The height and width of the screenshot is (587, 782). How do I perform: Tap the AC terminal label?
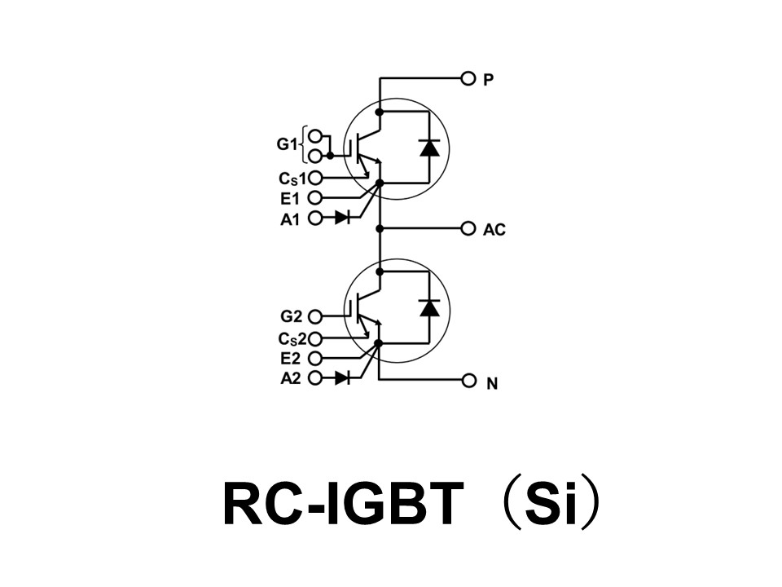click(494, 230)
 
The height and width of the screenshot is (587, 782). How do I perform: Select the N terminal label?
click(491, 382)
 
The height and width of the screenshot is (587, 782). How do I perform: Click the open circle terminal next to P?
click(468, 79)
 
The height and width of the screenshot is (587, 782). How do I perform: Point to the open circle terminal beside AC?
click(468, 229)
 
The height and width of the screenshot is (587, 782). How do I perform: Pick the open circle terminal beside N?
click(468, 381)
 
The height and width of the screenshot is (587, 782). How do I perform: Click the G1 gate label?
click(287, 145)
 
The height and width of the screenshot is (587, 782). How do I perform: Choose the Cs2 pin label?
click(292, 339)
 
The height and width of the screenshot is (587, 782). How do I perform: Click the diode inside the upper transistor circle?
click(429, 148)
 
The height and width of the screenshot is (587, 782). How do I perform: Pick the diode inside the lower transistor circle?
click(429, 307)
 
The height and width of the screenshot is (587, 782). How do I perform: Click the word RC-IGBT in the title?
click(342, 505)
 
